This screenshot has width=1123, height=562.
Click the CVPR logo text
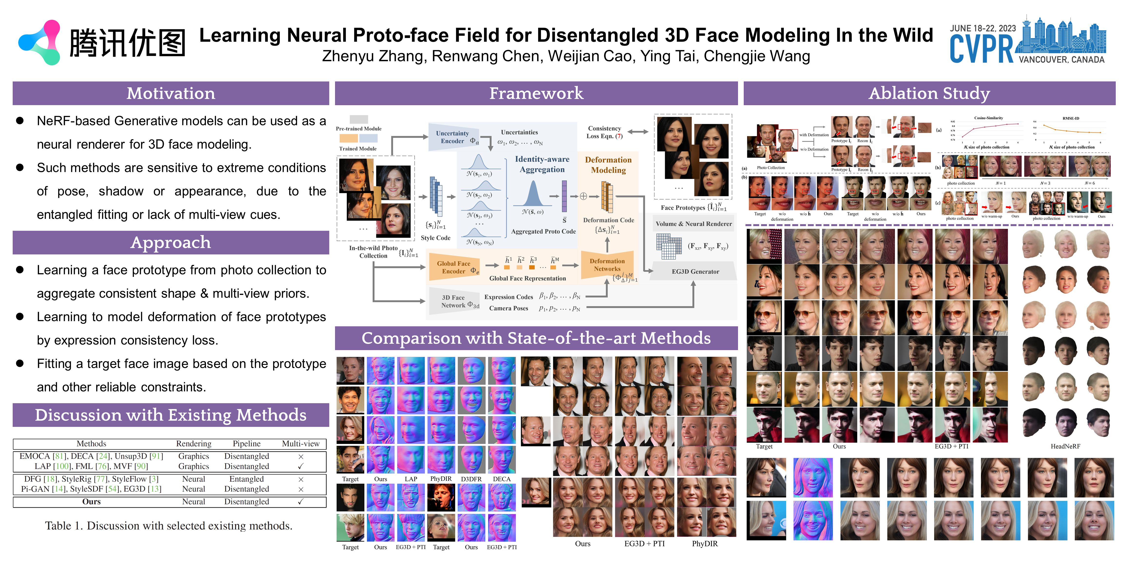981,49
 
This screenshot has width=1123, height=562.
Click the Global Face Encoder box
454,267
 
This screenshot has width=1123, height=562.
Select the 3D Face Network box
454,301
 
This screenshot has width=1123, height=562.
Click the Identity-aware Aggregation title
542,164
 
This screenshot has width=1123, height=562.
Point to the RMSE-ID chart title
1071,118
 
